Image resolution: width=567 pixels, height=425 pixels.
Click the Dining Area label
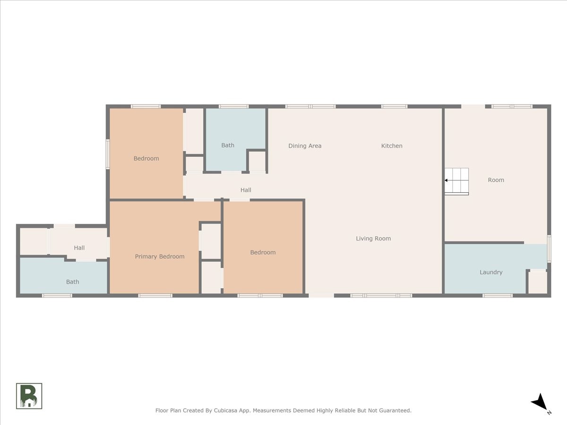tap(305, 146)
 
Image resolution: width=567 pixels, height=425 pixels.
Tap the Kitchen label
tap(392, 146)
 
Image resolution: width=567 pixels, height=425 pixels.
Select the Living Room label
tap(373, 238)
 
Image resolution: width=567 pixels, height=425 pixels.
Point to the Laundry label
tap(491, 272)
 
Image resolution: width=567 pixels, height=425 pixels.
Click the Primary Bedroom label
tap(160, 256)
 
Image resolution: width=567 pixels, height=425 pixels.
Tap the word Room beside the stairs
tap(496, 180)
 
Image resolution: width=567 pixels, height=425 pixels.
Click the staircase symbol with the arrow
tap(456, 181)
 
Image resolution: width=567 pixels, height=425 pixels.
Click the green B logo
tap(29, 396)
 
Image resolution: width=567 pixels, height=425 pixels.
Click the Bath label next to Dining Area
tap(228, 145)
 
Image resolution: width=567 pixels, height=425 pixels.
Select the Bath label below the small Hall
tap(73, 282)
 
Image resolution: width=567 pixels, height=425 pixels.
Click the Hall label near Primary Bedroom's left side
tap(79, 248)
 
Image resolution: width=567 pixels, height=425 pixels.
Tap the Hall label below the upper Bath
tap(246, 190)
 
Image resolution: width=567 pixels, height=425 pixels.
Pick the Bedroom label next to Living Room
tap(263, 252)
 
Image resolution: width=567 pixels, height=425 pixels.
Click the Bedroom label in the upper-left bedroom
tap(146, 159)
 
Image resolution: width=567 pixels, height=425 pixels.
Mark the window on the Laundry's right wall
tap(549, 248)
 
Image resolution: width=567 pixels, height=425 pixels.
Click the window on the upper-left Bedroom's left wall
tap(108, 154)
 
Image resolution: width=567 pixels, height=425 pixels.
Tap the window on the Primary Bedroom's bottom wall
tap(155, 296)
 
